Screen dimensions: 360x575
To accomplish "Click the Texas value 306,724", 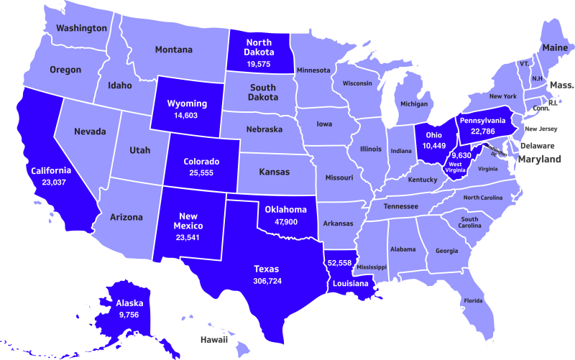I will pyautogui.click(x=267, y=281).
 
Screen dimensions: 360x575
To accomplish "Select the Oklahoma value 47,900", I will pyautogui.click(x=286, y=222).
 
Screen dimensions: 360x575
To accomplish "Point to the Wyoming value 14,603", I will pyautogui.click(x=186, y=115).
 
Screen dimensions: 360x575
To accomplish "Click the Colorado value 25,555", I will pyautogui.click(x=201, y=174).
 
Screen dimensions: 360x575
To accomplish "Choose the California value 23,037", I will pyautogui.click(x=50, y=183).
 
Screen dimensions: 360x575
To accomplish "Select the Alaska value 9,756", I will pyautogui.click(x=129, y=315).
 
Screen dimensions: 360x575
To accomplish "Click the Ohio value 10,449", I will pyautogui.click(x=433, y=146).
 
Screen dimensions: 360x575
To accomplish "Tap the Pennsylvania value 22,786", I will pyautogui.click(x=482, y=131).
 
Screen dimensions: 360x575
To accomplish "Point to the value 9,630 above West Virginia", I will pyautogui.click(x=461, y=155).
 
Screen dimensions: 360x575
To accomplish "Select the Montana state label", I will pyautogui.click(x=174, y=50).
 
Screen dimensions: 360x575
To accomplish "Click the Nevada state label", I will pyautogui.click(x=90, y=131).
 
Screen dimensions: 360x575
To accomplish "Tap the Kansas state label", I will pyautogui.click(x=274, y=172).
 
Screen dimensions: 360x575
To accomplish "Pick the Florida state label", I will pyautogui.click(x=473, y=300).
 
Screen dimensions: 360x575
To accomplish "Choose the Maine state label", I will pyautogui.click(x=555, y=47).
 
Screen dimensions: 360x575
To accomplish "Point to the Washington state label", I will pyautogui.click(x=81, y=28).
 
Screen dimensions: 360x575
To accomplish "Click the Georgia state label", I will pyautogui.click(x=446, y=251).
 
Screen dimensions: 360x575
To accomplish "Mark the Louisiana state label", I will pyautogui.click(x=350, y=284).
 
